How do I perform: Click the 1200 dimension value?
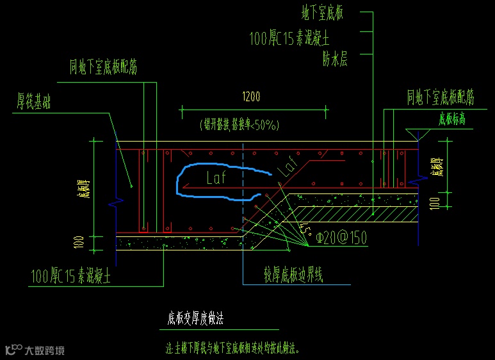pyautogui.click(x=251, y=97)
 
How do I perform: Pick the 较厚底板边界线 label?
pyautogui.click(x=294, y=275)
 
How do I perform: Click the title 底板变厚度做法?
pyautogui.click(x=195, y=317)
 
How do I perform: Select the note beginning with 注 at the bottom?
pyautogui.click(x=232, y=350)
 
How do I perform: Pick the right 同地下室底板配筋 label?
pyautogui.click(x=441, y=97)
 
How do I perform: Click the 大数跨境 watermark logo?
pyautogui.click(x=35, y=350)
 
